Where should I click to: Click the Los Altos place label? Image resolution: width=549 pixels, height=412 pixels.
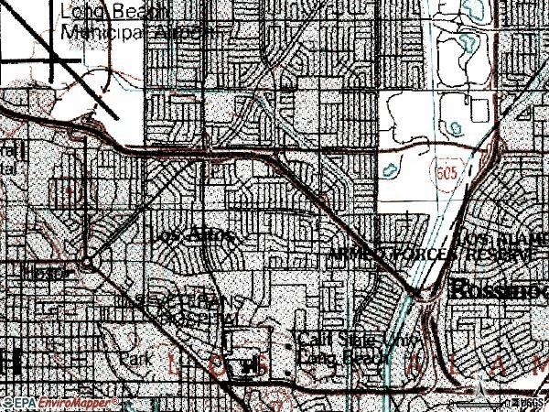[194, 235]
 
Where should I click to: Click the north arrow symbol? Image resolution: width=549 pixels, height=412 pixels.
[478, 390]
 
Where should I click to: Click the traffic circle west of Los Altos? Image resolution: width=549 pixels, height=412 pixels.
[86, 263]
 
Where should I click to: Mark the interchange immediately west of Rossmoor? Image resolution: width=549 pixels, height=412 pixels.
[423, 293]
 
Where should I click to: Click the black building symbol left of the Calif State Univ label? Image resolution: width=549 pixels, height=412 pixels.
[245, 366]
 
